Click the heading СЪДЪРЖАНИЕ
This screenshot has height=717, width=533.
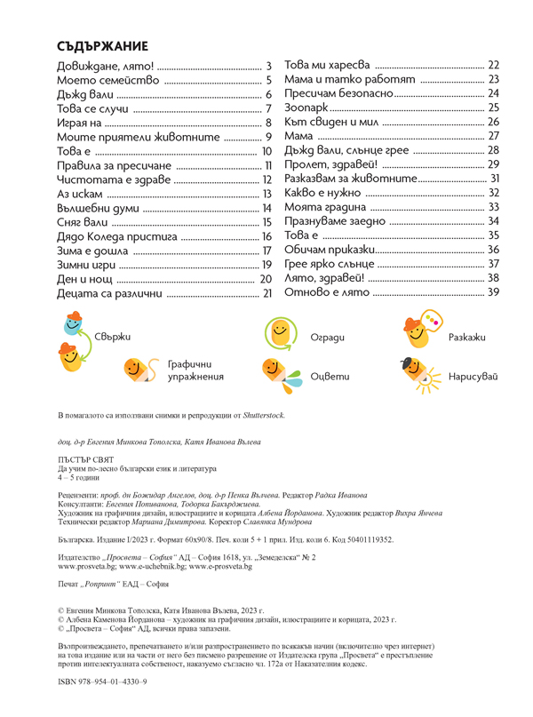(x=102, y=46)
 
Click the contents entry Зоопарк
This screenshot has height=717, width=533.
(x=312, y=108)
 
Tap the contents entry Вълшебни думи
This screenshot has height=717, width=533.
(x=95, y=208)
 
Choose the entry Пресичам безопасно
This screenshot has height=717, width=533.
(x=339, y=93)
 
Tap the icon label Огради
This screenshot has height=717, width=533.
(x=327, y=338)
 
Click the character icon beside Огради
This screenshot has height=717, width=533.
(x=280, y=335)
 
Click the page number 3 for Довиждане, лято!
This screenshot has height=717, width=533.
(x=268, y=67)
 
